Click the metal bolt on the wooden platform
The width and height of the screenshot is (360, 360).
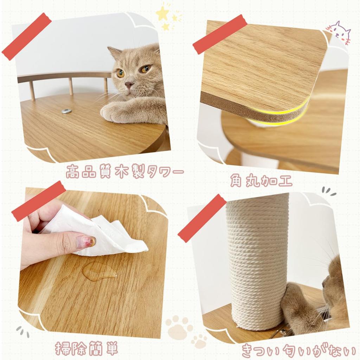point(66,111)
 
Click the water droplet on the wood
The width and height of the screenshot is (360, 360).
point(99,271)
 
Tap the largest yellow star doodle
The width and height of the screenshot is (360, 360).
point(162,14)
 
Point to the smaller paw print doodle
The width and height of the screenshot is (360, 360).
point(199,341)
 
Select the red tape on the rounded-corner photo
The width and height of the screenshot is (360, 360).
point(220,34)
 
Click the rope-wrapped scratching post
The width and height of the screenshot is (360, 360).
point(258,260)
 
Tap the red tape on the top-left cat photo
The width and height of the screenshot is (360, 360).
point(26,36)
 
